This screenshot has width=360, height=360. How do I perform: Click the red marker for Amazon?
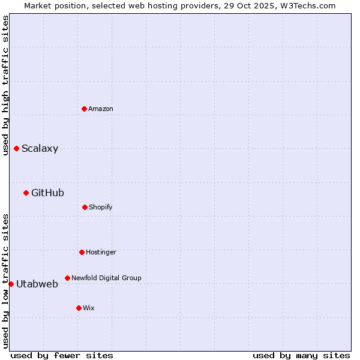coord(84,109)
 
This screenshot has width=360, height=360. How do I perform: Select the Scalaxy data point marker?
coord(16,148)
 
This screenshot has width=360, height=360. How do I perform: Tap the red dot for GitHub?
coord(26,193)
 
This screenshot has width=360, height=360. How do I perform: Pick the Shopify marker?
coord(85,207)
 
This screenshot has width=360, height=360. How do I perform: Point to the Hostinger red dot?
coord(82,252)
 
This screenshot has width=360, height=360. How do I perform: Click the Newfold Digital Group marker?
coord(67,278)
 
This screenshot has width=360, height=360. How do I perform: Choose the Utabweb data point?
coord(11,284)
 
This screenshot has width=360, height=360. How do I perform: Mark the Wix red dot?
coord(79,308)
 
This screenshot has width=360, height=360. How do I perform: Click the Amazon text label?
coord(101,109)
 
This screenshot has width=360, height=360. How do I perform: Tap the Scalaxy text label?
coord(40,149)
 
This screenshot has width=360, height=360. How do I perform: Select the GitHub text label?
coord(47,193)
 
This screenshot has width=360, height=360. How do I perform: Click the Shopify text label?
coord(101,207)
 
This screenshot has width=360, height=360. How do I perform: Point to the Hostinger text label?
coord(101,252)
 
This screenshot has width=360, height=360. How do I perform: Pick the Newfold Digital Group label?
coord(106,278)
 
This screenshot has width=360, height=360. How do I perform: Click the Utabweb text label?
coord(37,284)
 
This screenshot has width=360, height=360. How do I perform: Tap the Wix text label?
coord(89,308)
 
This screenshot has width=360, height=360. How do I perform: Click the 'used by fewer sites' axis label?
coord(62,355)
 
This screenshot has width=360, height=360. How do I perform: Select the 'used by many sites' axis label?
coord(301,355)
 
